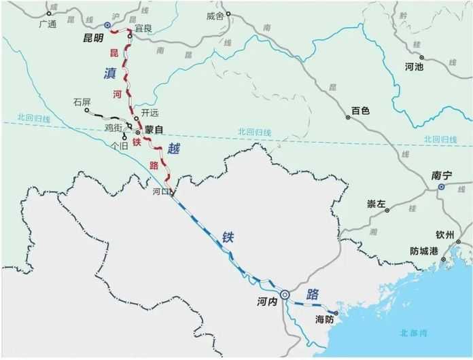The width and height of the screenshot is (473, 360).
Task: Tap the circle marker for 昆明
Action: click(107, 24)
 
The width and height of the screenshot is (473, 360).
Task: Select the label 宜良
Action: click(143, 29)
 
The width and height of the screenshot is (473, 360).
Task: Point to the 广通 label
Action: click(48, 24)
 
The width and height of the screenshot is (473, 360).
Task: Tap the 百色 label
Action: click(360, 110)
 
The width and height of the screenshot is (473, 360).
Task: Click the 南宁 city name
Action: click(442, 175)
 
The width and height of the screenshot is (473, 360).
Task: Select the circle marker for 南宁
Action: click(442, 186)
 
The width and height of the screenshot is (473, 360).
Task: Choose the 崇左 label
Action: click(376, 204)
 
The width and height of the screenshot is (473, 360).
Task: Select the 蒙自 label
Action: click(154, 130)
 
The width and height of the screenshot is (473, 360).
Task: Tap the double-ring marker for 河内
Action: click(285, 294)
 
